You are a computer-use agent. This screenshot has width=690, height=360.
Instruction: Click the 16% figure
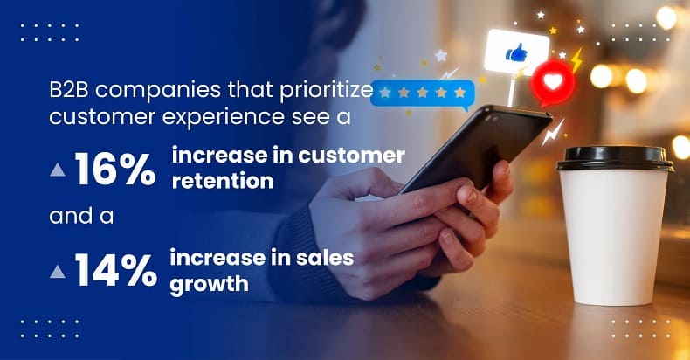pyautogui.click(x=115, y=169)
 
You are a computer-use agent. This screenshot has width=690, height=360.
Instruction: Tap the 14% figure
pyautogui.click(x=116, y=271)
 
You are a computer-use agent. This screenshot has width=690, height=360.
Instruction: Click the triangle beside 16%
pyautogui.click(x=57, y=170)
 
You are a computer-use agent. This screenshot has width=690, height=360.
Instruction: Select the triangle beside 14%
pyautogui.click(x=57, y=271)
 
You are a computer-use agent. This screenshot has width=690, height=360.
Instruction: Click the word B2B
pyautogui.click(x=69, y=90)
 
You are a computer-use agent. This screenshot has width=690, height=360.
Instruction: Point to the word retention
pyautogui.click(x=222, y=181)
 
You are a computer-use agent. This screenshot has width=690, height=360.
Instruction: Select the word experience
pyautogui.click(x=224, y=118)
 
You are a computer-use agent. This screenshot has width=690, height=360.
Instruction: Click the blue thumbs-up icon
pyautogui.click(x=516, y=52)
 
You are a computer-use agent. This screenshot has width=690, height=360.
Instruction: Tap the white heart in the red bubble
pyautogui.click(x=553, y=81)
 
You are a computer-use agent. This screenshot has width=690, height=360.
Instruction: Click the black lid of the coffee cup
pyautogui.click(x=615, y=158)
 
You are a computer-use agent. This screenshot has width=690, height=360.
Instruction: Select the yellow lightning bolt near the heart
pyautogui.click(x=576, y=59)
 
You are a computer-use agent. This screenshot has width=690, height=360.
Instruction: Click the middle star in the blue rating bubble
pyautogui.click(x=423, y=93)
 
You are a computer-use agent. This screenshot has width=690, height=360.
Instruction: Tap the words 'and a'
pyautogui.click(x=81, y=217)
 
